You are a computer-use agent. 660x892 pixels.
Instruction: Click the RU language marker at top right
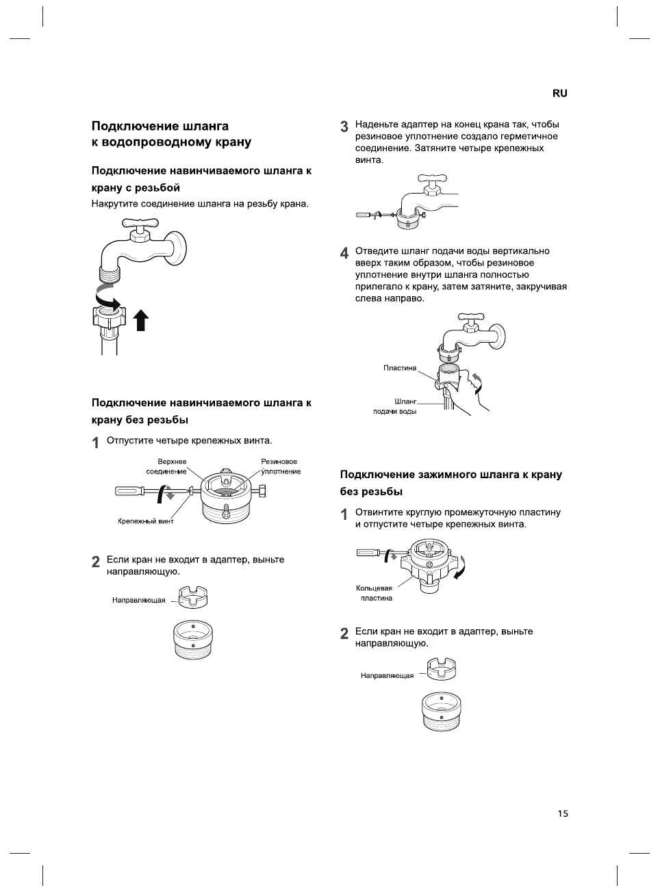(x=559, y=94)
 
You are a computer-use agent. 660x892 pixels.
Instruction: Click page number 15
(x=563, y=813)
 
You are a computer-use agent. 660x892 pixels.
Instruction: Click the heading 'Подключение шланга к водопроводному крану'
(x=171, y=134)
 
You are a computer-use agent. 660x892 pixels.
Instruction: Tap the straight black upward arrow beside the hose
(x=141, y=319)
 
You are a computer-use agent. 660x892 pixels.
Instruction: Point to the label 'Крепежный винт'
(x=146, y=521)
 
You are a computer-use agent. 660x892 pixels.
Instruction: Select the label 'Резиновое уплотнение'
(x=280, y=467)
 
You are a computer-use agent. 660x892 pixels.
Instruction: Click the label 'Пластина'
(x=400, y=368)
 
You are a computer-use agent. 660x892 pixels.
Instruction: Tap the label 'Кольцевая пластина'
(x=375, y=593)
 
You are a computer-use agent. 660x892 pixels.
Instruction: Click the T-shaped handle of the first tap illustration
(x=140, y=224)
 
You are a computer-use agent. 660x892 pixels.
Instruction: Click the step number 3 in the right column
(x=344, y=127)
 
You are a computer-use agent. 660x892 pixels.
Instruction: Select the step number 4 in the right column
(x=344, y=253)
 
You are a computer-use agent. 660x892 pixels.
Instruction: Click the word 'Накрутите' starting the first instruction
(x=114, y=204)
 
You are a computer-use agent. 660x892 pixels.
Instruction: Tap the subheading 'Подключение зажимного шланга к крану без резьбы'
(x=451, y=483)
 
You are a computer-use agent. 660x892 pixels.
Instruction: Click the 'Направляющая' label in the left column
(x=139, y=601)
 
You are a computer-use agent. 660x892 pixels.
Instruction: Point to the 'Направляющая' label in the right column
(x=388, y=676)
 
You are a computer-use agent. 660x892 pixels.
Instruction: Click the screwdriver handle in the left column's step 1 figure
(x=128, y=490)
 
